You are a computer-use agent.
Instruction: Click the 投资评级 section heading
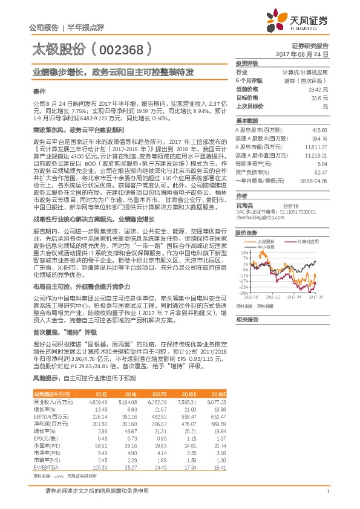[x=246, y=63]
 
